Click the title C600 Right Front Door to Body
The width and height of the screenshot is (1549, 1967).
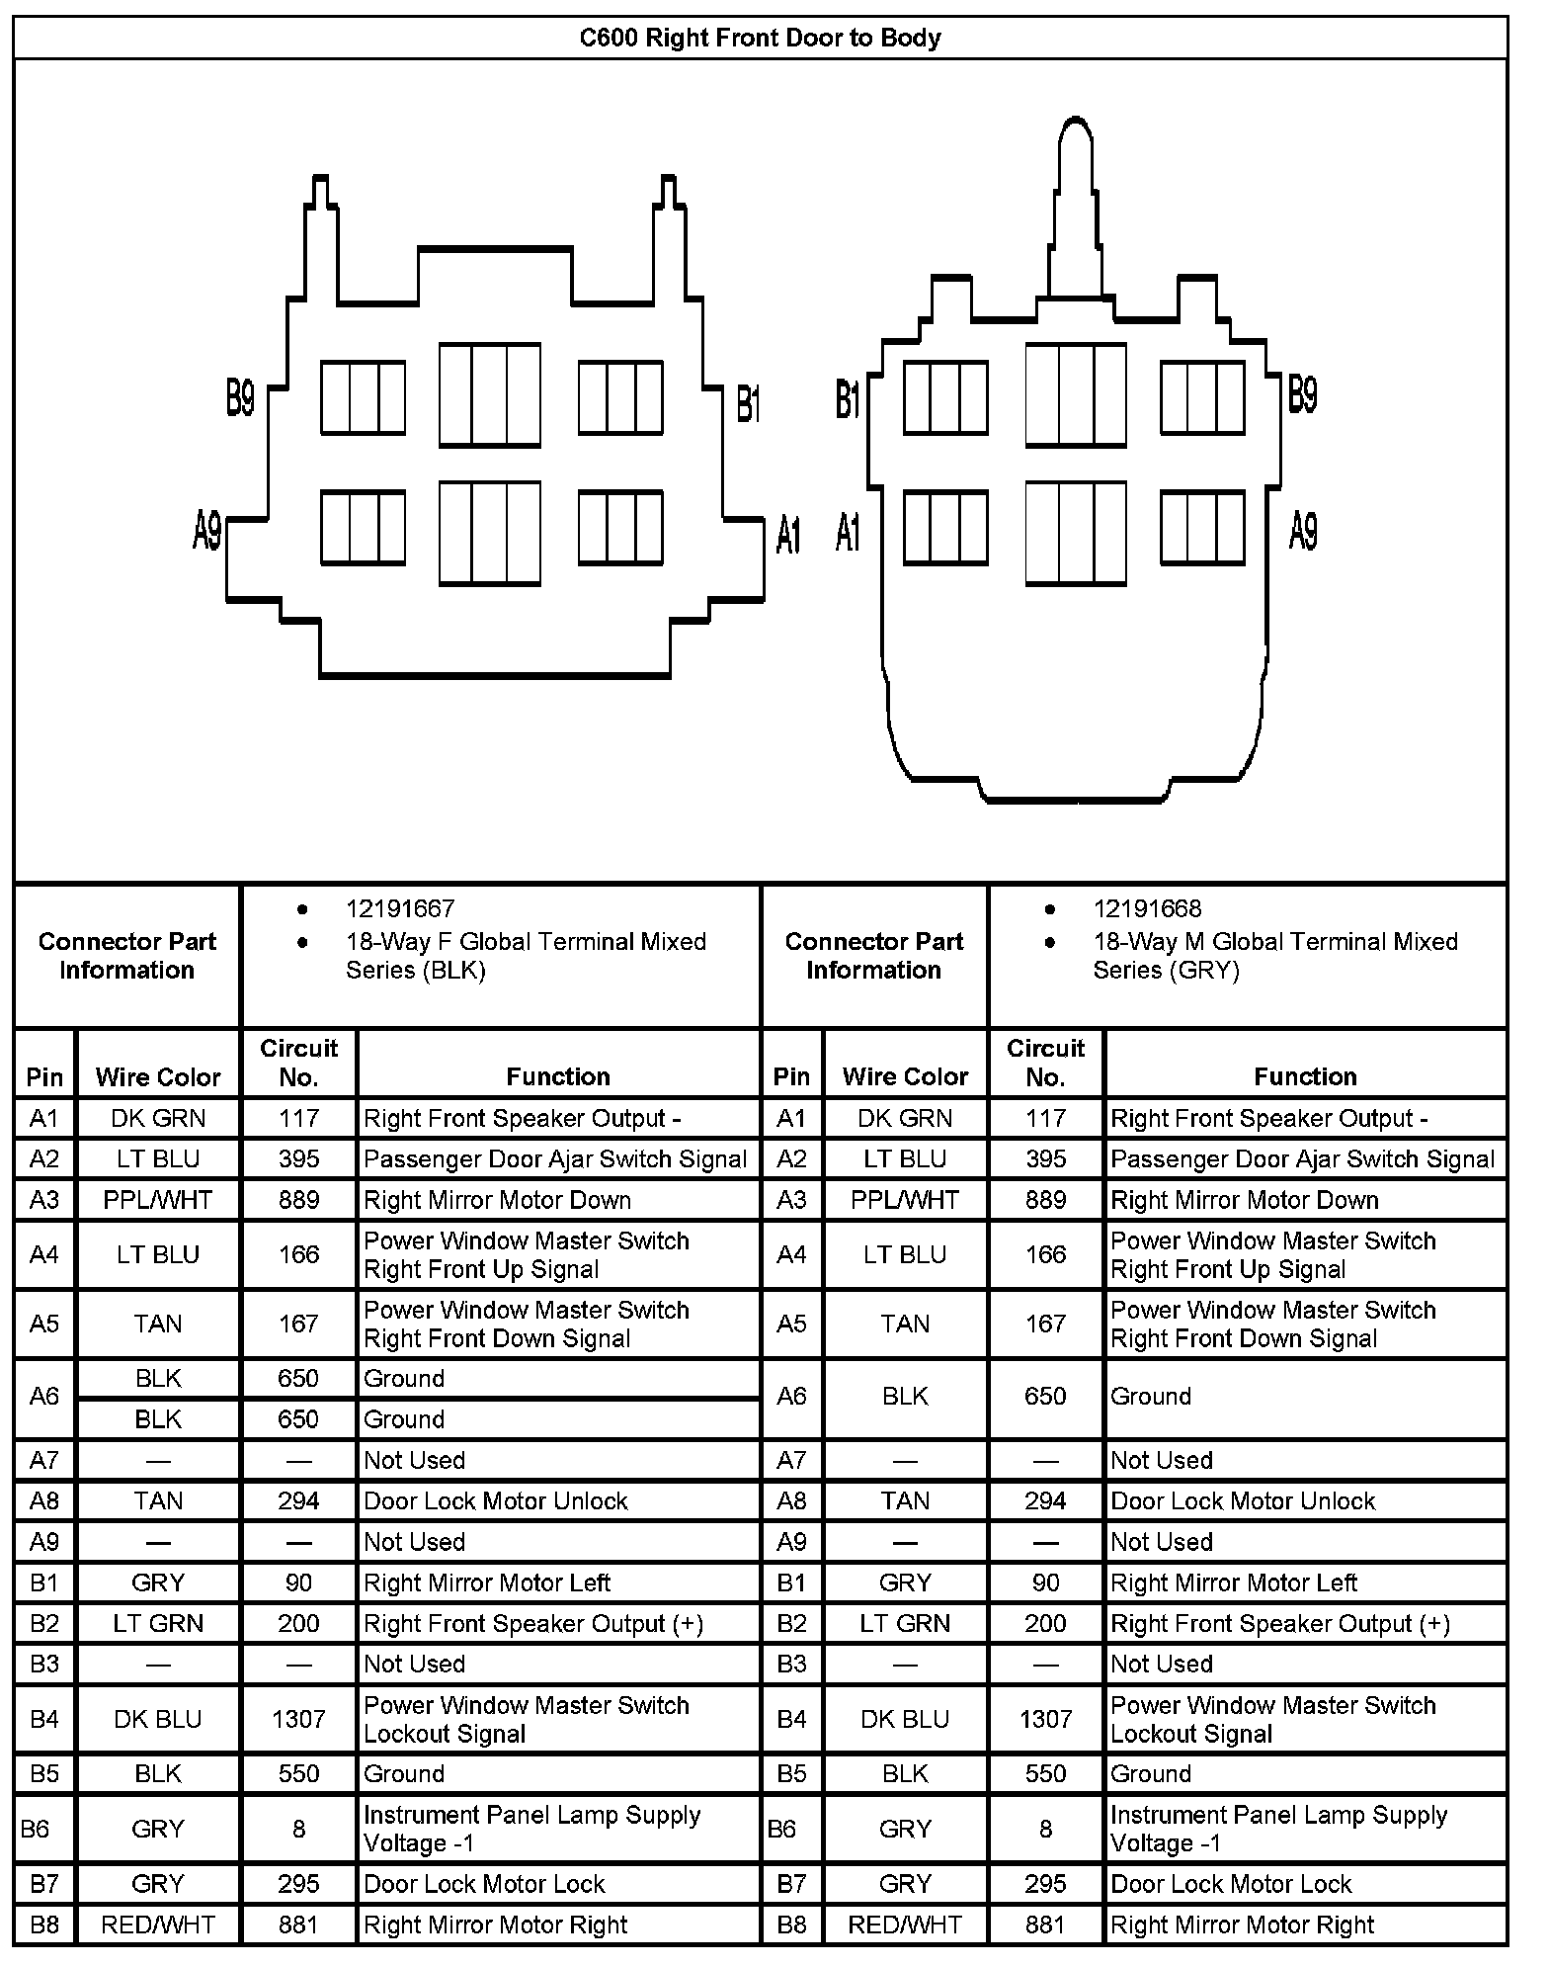[760, 39]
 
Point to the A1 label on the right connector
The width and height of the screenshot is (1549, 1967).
[848, 533]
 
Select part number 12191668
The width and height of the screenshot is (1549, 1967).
[1147, 908]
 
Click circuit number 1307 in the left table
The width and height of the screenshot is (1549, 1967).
[298, 1719]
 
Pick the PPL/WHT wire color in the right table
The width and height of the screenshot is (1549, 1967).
[905, 1200]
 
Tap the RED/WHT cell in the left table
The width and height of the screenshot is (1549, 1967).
[158, 1924]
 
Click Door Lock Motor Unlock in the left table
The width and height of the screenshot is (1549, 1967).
[496, 1500]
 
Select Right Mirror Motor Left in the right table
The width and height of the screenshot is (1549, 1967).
[1234, 1582]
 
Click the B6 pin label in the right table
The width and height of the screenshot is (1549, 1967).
[781, 1829]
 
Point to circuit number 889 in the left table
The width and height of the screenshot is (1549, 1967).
[298, 1200]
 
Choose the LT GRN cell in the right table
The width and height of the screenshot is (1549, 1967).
[905, 1623]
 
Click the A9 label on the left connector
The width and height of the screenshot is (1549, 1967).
[207, 531]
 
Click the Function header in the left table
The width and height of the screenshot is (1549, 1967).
[558, 1076]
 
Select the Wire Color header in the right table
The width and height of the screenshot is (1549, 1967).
[905, 1076]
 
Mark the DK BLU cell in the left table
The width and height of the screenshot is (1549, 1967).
[158, 1719]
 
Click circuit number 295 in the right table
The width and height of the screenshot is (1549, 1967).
[1045, 1884]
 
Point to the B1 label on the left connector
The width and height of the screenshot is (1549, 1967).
[749, 403]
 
